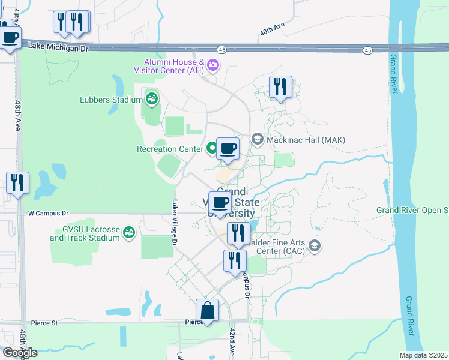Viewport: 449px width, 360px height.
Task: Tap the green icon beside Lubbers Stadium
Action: coord(151,98)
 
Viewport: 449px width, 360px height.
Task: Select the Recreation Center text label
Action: coord(170,149)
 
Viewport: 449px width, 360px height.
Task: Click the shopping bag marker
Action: coord(207,311)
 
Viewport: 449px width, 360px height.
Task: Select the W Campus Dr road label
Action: coord(49,213)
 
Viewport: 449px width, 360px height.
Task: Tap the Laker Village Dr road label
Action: coord(175,222)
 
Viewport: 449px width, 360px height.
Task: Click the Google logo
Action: coord(20,353)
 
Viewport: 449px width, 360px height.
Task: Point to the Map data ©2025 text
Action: coord(423,355)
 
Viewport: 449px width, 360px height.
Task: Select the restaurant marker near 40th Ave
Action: coord(280,87)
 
